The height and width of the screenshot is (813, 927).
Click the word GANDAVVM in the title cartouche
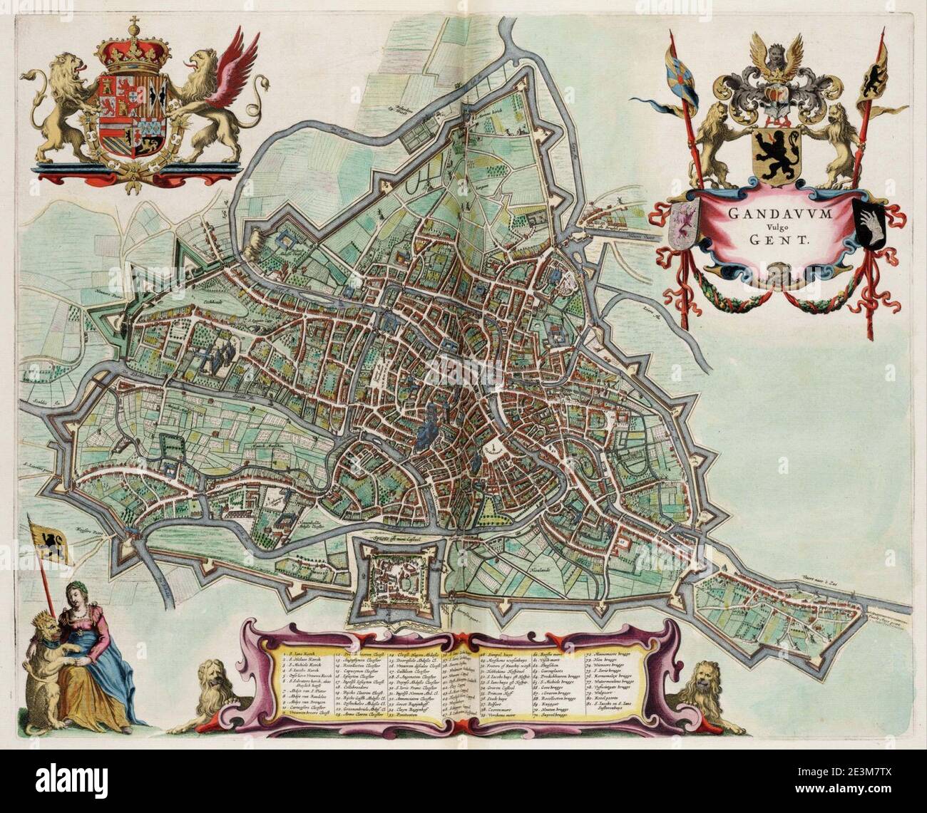click(x=778, y=211)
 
